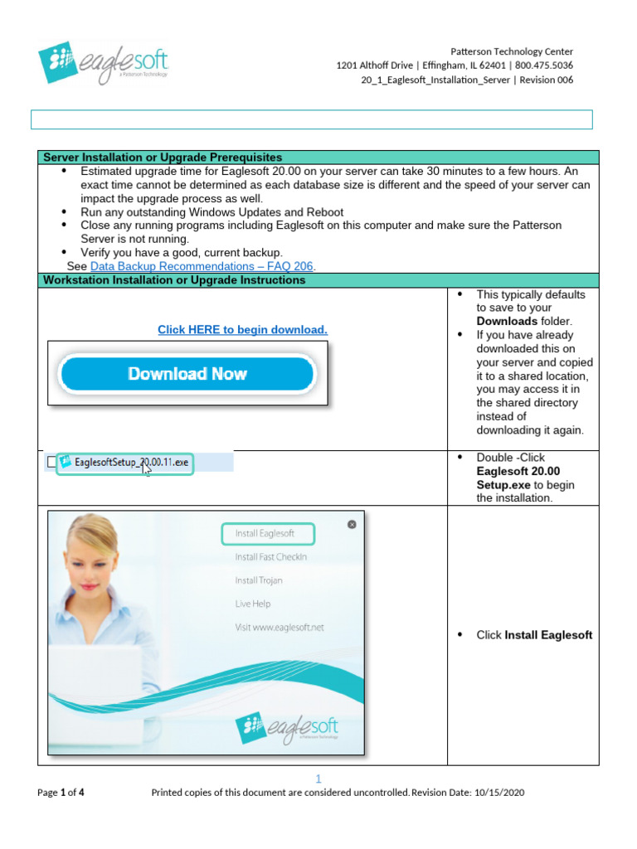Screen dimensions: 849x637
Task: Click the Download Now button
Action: coord(187,374)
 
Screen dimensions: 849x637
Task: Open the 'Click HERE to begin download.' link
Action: coord(242,330)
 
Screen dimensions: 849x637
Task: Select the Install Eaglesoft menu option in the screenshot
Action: coord(264,533)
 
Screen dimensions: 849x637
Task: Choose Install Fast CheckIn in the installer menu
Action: coord(270,557)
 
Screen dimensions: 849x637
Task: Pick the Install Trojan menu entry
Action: coord(259,580)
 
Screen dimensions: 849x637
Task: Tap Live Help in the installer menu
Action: coord(253,604)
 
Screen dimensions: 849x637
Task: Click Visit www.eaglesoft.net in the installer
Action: coord(280,628)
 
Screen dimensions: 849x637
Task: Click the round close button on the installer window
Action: coord(352,524)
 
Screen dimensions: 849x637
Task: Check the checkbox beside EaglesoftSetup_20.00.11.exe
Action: coord(53,462)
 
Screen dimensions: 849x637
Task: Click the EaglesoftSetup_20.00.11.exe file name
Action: coord(124,463)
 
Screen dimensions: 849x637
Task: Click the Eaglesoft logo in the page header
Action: coord(103,63)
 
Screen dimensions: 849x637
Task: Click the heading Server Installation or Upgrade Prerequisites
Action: coord(163,157)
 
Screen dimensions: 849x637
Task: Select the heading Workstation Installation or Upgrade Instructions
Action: coord(174,280)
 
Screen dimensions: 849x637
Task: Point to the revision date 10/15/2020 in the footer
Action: coord(497,793)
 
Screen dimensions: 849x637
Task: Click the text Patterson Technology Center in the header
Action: coord(511,51)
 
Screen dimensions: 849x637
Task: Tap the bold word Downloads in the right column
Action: coord(507,322)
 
